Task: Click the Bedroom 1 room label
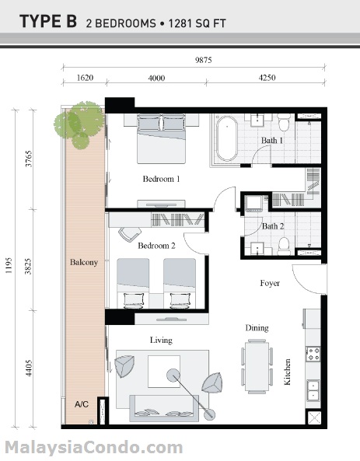click(x=161, y=179)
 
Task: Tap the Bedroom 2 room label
click(x=156, y=246)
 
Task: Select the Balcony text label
click(x=83, y=263)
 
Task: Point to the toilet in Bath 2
click(x=283, y=246)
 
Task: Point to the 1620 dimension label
click(x=85, y=78)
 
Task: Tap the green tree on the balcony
click(x=79, y=123)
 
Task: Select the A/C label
click(x=82, y=404)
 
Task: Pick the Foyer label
click(x=269, y=283)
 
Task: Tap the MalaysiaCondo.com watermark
click(x=93, y=448)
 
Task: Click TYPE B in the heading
click(x=47, y=22)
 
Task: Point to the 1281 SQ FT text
click(x=194, y=23)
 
